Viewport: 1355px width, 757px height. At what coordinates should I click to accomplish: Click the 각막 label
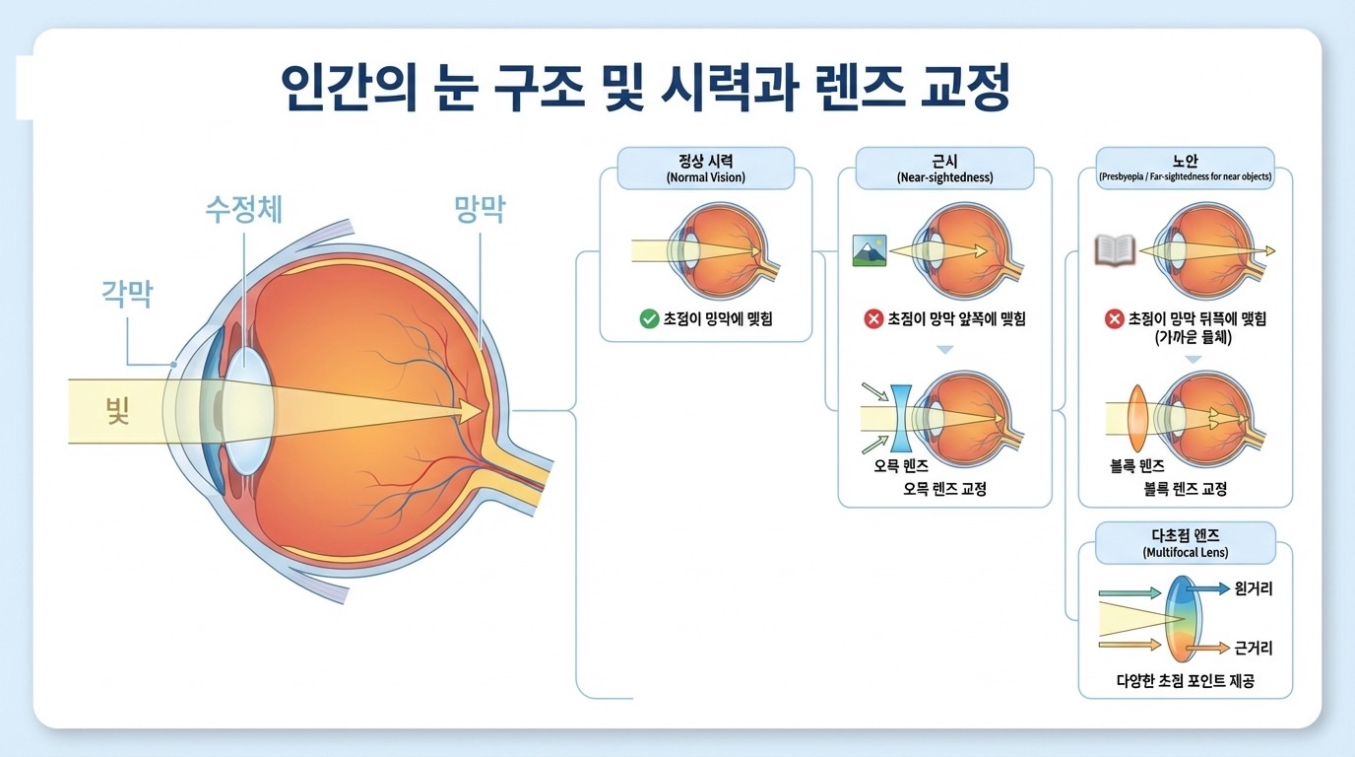127,294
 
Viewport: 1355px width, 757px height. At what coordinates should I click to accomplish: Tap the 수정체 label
243,209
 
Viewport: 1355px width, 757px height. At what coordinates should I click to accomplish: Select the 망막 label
480,209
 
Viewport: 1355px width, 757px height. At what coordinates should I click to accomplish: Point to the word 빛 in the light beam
118,410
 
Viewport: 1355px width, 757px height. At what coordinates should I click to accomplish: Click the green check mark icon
649,318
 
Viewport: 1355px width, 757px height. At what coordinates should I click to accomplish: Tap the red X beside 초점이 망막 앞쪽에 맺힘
872,318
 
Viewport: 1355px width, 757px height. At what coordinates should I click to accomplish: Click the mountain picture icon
870,251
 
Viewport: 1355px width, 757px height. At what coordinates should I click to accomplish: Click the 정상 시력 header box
705,168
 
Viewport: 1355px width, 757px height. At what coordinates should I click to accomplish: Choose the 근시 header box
944,168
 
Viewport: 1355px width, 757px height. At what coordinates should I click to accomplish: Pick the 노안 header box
1185,168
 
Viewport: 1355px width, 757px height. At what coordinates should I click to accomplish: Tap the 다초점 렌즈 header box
1185,543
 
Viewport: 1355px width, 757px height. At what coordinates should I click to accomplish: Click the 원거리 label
1253,588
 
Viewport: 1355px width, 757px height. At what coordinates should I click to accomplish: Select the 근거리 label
1253,648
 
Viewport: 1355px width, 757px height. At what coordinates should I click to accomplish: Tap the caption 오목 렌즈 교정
944,489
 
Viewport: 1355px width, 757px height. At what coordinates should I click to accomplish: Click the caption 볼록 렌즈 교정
1185,489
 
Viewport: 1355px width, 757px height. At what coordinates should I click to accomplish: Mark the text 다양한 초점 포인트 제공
1185,680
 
